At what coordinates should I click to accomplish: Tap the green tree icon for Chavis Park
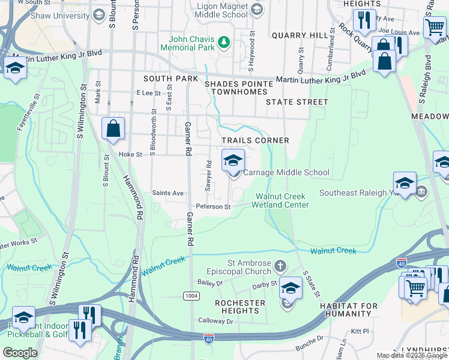[223, 41]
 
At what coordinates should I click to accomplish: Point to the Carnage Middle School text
[286, 172]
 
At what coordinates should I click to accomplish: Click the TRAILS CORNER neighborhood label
[255, 140]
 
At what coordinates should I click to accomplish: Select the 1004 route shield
[190, 296]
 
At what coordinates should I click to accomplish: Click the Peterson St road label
[217, 207]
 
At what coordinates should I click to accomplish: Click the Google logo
[20, 353]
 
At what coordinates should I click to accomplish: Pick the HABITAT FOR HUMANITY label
[341, 310]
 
